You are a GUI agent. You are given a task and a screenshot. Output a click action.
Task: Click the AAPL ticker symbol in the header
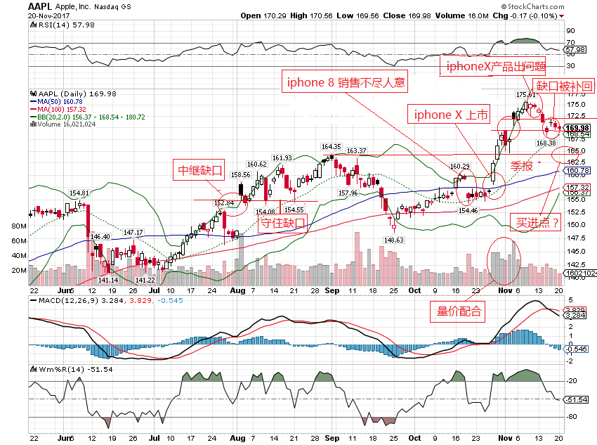pos(38,6)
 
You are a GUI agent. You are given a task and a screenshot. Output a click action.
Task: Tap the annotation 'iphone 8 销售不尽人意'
pos(346,82)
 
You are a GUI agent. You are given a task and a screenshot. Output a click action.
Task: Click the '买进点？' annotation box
pos(538,223)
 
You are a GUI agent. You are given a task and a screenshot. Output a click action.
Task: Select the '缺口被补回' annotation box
pos(565,86)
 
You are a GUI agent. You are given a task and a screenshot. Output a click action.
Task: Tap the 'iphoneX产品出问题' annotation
pos(492,66)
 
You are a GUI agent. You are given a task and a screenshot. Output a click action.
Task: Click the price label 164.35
pos(331,147)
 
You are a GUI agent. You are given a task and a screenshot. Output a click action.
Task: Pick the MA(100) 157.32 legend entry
pos(62,109)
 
